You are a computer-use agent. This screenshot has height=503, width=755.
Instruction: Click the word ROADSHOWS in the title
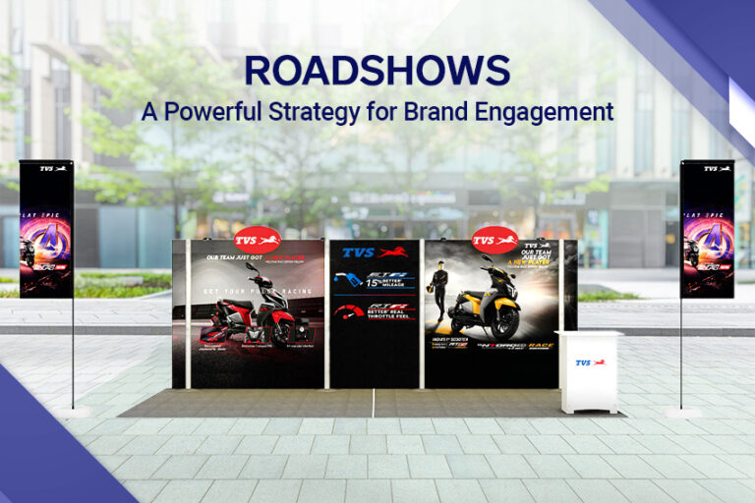coord(377,72)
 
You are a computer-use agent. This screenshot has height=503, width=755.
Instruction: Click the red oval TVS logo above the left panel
coord(257,239)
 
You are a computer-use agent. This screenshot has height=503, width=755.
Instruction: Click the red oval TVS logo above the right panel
coord(494,239)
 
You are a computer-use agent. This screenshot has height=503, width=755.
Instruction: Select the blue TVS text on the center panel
coord(358,252)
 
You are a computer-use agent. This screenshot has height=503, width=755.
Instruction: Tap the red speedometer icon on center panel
coord(347,312)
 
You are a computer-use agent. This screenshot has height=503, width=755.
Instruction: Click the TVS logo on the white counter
coord(590,363)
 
